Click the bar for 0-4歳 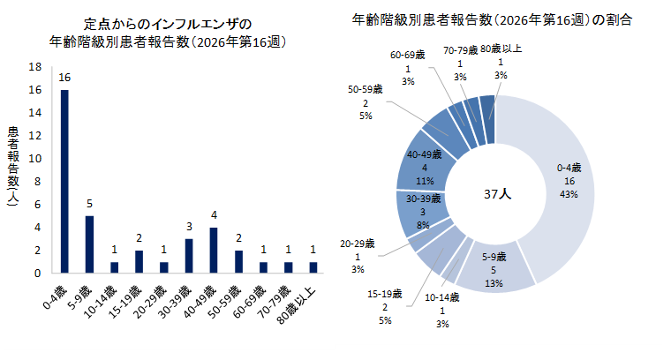(64, 181)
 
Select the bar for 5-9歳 (89, 244)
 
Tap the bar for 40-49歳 (213, 251)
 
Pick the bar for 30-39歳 (188, 256)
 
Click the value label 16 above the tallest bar (64, 78)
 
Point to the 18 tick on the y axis (35, 67)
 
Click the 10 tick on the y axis (35, 159)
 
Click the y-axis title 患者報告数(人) (13, 168)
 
